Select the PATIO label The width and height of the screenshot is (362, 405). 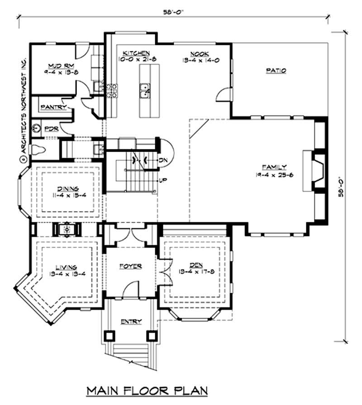[276, 70]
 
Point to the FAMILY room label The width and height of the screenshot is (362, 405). [275, 167]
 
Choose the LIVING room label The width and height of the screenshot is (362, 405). [67, 267]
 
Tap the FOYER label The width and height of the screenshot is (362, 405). [131, 266]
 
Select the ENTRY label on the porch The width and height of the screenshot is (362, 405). [131, 322]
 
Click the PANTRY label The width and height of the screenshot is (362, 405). [53, 107]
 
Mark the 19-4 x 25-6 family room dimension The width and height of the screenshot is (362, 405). [275, 174]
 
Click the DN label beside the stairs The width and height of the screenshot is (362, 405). [163, 160]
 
